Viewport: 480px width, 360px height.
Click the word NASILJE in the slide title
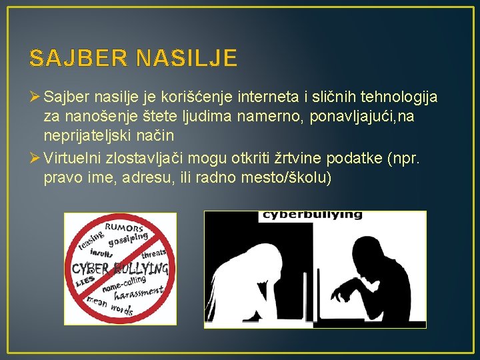[x=186, y=58]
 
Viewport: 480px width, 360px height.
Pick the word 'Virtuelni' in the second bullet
[x=71, y=159]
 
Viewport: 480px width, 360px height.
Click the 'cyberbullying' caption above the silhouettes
[x=313, y=215]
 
